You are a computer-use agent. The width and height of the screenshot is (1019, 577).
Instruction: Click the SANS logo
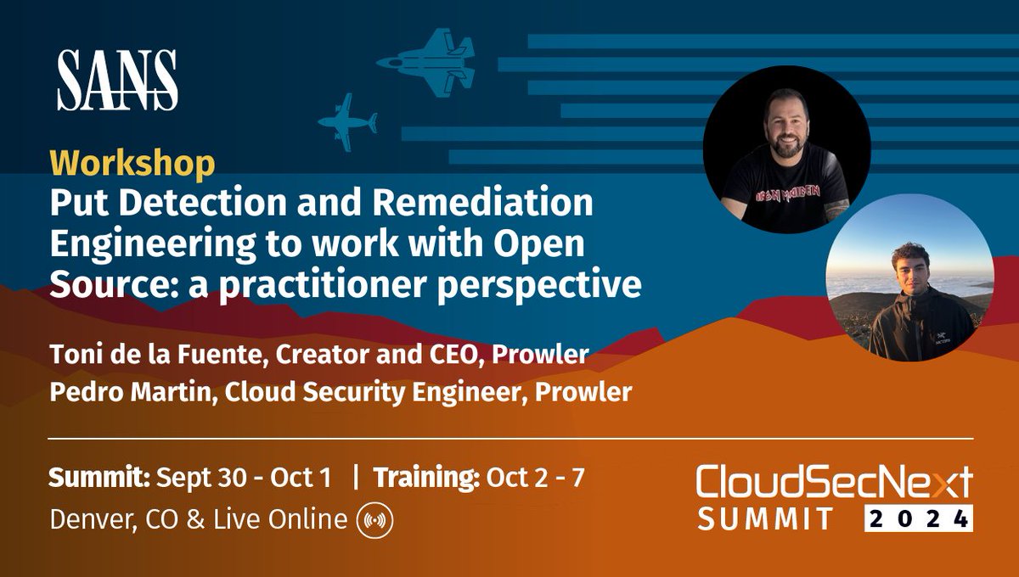[117, 80]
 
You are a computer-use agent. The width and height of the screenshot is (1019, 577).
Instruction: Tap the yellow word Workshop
[132, 165]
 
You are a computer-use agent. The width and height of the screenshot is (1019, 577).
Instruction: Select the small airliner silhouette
[347, 122]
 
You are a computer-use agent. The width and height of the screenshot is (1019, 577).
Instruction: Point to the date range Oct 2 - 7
[536, 478]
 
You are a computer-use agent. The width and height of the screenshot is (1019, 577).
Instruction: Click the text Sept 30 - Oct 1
[244, 478]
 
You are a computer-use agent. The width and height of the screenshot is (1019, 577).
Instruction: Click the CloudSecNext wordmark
[835, 481]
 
